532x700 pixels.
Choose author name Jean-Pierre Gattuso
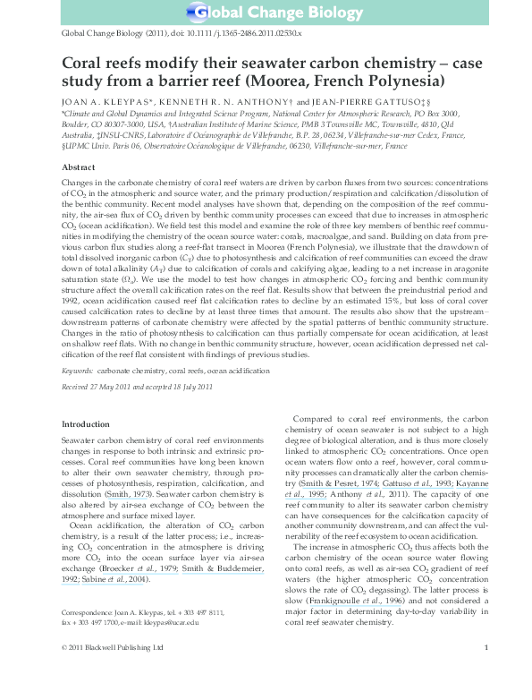pos(365,103)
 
